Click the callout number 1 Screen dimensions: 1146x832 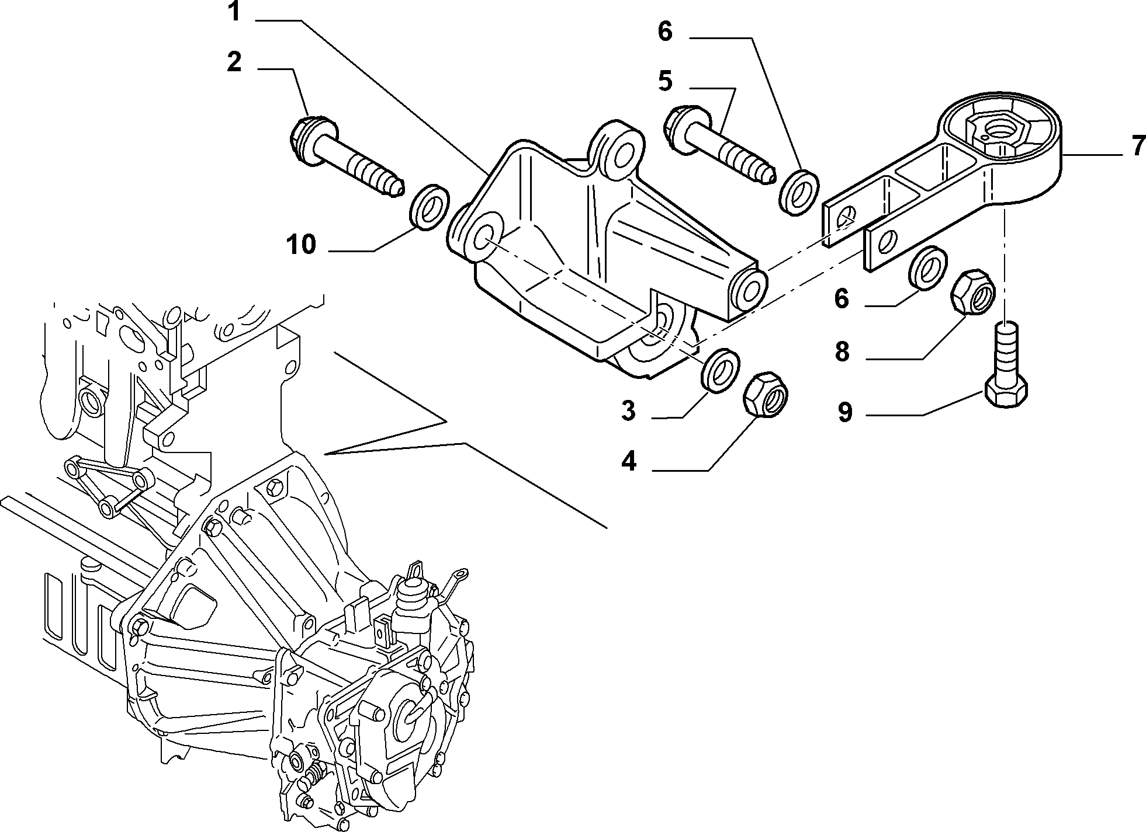tap(234, 11)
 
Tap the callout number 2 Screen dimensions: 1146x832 tap(234, 61)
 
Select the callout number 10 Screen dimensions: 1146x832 tap(302, 245)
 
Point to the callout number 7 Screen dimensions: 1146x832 tap(1138, 145)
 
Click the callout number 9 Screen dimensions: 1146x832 tap(845, 413)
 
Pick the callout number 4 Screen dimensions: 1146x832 tap(629, 462)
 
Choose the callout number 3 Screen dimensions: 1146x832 tap(628, 411)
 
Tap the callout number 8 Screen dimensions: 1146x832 tap(842, 351)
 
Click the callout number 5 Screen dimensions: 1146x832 tap(665, 81)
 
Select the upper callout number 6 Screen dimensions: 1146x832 tap(665, 32)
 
